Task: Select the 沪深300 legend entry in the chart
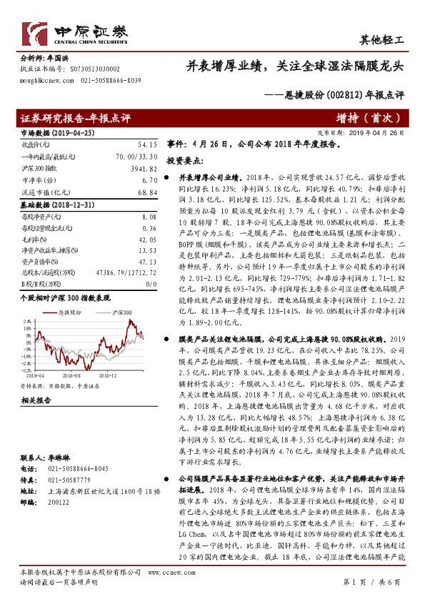click(x=121, y=312)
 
